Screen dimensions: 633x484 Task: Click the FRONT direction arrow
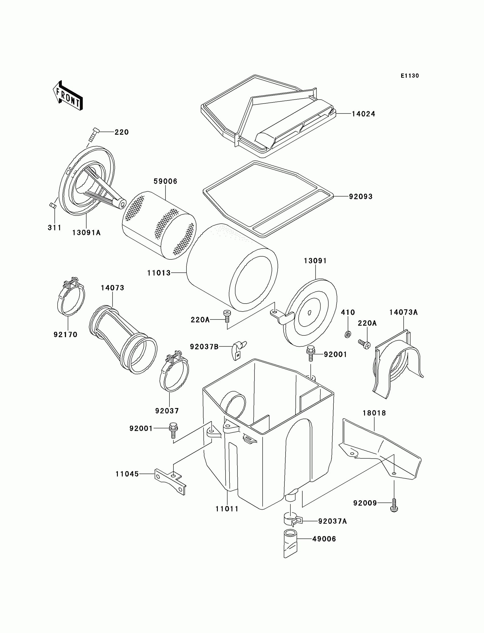point(68,96)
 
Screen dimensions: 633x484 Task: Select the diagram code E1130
point(410,76)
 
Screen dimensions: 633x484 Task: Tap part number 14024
point(363,114)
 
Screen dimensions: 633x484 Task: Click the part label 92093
point(361,196)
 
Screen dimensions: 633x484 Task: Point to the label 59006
point(165,181)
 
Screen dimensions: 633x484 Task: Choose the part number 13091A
point(87,233)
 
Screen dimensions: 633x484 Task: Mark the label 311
point(54,228)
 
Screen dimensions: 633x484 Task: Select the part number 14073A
point(403,312)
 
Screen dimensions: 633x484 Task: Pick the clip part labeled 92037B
point(239,350)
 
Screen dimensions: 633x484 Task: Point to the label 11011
point(227,509)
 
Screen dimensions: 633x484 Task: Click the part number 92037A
point(333,521)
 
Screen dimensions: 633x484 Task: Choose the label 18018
point(374,413)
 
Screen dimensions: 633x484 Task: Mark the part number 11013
point(159,273)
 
